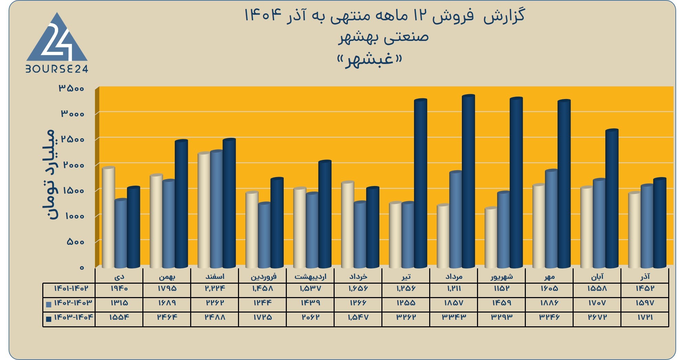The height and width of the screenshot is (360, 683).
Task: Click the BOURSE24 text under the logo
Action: (57, 69)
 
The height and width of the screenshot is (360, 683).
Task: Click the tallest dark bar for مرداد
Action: (468, 181)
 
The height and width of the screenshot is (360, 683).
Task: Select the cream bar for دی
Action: (109, 217)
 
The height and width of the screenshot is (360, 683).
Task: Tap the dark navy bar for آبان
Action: (612, 198)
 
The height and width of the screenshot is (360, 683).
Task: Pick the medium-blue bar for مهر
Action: (551, 219)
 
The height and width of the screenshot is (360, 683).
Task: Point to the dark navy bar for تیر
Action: (420, 183)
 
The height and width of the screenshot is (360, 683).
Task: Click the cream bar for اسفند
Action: (204, 210)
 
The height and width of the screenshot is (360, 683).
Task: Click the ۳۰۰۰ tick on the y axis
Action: (73, 113)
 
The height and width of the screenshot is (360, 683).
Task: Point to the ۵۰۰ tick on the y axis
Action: (75, 242)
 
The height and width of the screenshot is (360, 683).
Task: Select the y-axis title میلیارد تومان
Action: (48, 175)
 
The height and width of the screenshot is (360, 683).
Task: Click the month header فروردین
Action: (263, 276)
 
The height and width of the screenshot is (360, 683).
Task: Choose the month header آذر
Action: (645, 276)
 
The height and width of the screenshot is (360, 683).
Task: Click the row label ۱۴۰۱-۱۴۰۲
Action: (71, 288)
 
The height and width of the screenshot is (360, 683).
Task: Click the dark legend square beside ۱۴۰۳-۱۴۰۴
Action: (48, 319)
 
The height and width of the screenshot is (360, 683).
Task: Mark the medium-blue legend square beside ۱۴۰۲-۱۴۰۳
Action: (48, 304)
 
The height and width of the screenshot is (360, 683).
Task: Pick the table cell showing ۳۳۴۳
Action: (454, 317)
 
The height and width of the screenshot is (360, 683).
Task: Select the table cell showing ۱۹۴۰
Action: (119, 288)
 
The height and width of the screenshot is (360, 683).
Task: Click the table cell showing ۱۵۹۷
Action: (645, 303)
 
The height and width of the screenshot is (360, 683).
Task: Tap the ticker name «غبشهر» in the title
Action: (370, 59)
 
